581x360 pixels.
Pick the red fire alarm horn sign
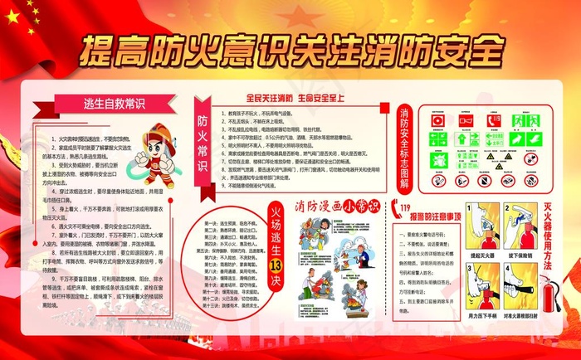click(x=467, y=121)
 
